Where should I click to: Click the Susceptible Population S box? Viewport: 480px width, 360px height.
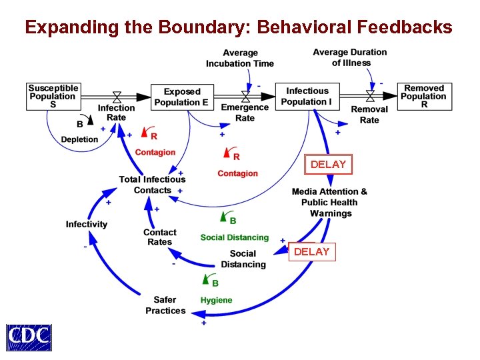point(53,96)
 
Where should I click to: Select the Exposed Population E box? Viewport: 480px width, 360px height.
point(182,97)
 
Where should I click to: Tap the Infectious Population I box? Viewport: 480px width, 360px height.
point(307,96)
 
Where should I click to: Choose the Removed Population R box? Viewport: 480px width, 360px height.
point(424,96)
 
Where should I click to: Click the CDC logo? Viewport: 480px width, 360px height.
point(29,337)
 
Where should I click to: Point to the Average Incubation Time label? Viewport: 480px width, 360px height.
point(240,58)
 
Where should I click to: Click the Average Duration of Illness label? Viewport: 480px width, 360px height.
point(350,57)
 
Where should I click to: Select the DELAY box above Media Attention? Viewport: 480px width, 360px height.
point(328,164)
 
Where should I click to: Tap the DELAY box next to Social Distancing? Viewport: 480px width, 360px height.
point(311,251)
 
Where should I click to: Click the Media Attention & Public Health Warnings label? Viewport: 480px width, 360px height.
point(329,202)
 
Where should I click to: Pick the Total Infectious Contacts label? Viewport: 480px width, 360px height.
point(152,185)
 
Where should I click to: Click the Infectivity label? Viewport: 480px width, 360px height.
point(87,224)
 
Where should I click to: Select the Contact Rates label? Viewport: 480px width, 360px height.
point(160,237)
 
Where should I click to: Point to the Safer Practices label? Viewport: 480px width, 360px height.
point(165,305)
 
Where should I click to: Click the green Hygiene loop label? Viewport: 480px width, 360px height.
point(217,300)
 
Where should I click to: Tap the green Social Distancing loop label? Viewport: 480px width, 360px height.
point(235,237)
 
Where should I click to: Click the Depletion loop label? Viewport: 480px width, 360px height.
point(79,139)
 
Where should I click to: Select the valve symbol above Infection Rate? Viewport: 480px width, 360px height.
point(117,97)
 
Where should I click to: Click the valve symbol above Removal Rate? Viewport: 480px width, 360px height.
point(369,97)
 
